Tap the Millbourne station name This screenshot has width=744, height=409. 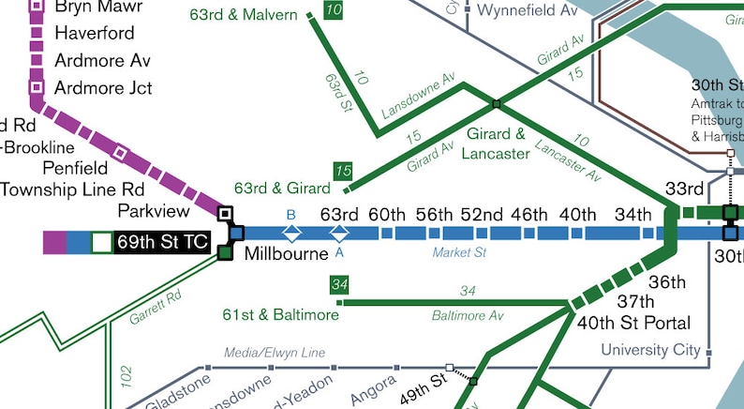point(286,254)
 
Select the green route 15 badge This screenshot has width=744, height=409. point(343,171)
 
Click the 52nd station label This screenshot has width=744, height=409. point(482,214)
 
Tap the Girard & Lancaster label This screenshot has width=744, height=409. point(496,144)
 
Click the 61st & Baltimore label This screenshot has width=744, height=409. point(280,314)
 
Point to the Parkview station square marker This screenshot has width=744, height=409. point(225,214)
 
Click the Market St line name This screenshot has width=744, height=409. point(459,252)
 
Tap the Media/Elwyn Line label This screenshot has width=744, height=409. point(275,353)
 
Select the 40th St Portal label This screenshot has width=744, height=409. point(634,323)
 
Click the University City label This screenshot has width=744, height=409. point(649,350)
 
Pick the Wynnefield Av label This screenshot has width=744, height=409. point(528,10)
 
